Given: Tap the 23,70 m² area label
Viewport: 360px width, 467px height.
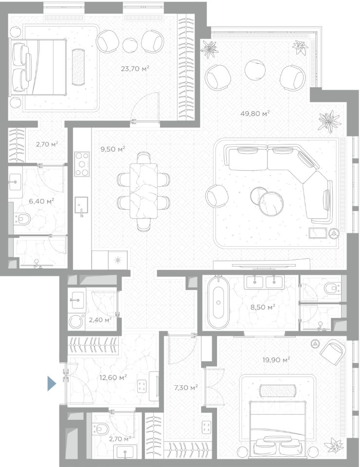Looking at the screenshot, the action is tap(135, 69).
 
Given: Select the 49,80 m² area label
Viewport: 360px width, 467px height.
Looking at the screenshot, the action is tap(255, 113).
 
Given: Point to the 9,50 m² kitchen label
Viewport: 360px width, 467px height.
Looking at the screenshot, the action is tap(112, 149).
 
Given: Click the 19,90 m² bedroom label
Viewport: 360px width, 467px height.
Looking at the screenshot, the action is tap(276, 360).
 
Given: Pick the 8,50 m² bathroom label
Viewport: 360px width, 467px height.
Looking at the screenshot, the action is tap(262, 307).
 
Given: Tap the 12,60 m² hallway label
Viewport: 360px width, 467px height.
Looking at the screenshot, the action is tap(113, 377).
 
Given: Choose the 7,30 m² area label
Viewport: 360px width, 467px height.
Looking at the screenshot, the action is tap(186, 388).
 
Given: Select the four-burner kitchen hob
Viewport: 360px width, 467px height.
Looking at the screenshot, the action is tap(82, 164).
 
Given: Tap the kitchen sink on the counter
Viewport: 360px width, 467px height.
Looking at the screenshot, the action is tap(81, 205).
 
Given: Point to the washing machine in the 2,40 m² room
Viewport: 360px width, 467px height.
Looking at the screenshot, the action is tap(76, 322).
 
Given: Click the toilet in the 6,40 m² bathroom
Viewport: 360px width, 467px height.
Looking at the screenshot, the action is tap(22, 219).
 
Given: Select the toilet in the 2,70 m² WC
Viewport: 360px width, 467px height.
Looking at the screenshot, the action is tap(101, 429).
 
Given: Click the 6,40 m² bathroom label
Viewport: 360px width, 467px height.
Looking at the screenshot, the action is tap(41, 201).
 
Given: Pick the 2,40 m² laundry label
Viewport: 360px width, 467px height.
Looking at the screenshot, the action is tap(100, 320).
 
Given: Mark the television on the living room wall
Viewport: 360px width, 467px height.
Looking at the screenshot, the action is tap(264, 264).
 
